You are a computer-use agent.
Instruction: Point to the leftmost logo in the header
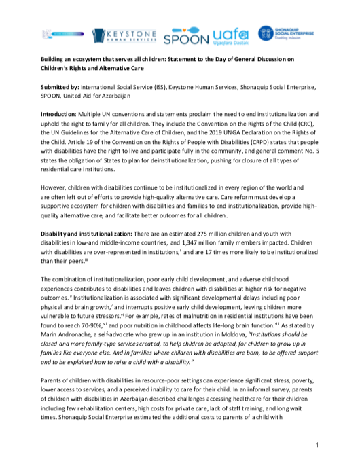coord(58,34)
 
